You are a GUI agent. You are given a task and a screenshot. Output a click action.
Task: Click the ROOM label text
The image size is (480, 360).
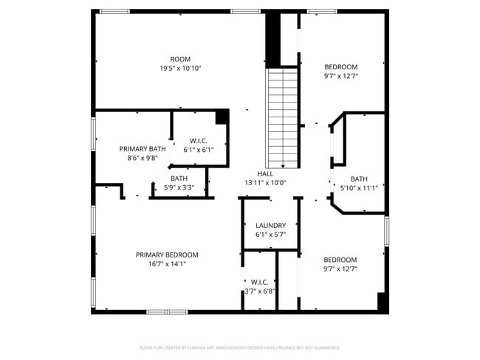[181, 59]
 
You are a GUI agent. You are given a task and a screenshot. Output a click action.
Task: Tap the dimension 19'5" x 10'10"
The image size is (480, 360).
[181, 68]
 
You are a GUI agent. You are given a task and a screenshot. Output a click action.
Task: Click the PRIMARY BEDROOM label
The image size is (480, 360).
[167, 255]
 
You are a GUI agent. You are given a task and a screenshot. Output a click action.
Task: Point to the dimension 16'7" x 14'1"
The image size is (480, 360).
[167, 263]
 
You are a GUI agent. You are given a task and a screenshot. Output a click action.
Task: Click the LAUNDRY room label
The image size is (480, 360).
[270, 226]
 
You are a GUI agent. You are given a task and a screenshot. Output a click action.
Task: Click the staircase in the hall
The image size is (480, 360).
[283, 118]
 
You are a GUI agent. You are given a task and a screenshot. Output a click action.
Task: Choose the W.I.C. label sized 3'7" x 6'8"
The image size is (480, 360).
[259, 282]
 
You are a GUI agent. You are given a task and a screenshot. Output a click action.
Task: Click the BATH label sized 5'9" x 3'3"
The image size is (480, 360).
[179, 179]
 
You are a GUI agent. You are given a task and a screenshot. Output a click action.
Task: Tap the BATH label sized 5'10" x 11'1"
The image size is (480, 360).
[359, 179]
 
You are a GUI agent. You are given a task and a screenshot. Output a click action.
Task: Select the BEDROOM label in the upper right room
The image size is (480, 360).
[340, 66]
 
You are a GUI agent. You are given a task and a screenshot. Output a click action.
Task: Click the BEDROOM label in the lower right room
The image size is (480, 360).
[340, 260]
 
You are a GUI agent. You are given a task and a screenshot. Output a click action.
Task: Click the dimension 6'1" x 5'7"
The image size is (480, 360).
[270, 235]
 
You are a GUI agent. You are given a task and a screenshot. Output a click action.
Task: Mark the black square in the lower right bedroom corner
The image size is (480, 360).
[382, 302]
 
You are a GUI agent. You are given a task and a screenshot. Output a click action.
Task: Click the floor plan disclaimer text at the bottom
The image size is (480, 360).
[240, 347]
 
